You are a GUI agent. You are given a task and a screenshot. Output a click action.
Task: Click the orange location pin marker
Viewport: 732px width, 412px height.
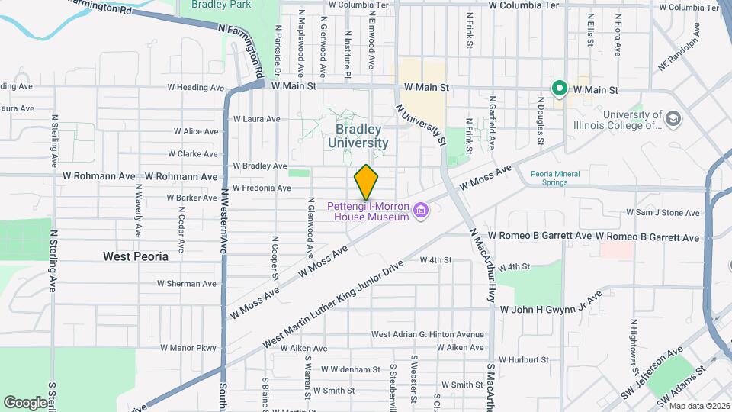(366, 182)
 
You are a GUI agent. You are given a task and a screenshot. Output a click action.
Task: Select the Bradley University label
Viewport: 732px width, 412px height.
(358, 136)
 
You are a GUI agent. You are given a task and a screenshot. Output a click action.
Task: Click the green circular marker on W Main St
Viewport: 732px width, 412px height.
(559, 89)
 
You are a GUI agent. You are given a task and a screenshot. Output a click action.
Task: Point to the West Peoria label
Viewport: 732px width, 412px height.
(136, 256)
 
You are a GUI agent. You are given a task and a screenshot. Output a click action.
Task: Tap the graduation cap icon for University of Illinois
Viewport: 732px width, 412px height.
(673, 119)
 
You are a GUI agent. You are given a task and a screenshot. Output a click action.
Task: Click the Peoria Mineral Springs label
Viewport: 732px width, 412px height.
(555, 178)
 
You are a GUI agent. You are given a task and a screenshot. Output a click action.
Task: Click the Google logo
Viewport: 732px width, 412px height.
(25, 402)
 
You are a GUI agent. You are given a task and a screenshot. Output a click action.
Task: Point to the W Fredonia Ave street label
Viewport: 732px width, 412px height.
(262, 188)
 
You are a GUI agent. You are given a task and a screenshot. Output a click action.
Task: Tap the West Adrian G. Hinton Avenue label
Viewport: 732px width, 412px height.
(427, 334)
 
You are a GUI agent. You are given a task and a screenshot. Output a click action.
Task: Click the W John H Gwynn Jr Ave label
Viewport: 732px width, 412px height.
(551, 308)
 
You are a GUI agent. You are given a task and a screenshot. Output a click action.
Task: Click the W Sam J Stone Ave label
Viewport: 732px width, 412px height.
(663, 213)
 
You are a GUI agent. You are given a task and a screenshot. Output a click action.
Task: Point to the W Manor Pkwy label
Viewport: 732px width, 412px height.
(188, 348)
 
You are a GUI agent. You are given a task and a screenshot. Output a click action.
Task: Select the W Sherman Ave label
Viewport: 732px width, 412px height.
(186, 284)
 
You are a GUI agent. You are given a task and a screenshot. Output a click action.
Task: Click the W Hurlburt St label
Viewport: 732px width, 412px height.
(523, 359)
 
